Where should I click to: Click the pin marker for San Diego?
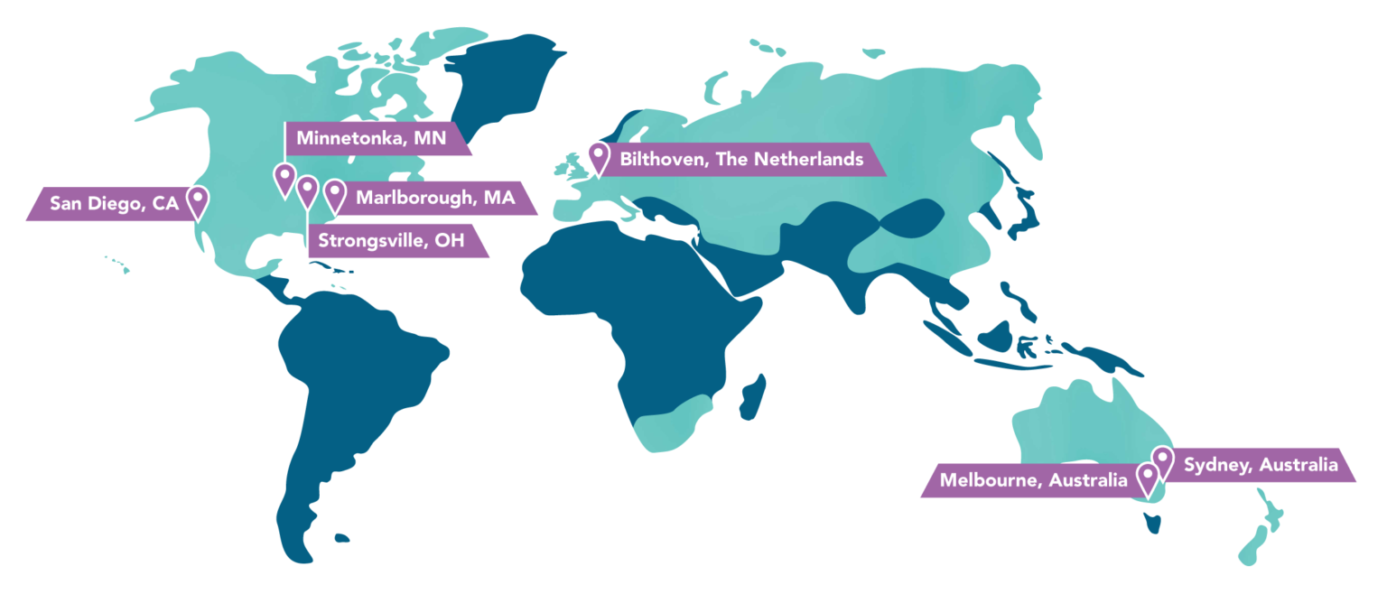pyautogui.click(x=198, y=200)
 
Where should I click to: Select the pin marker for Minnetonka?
pyautogui.click(x=284, y=177)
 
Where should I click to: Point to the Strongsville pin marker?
pyautogui.click(x=308, y=190)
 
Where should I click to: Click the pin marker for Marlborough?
pyautogui.click(x=335, y=193)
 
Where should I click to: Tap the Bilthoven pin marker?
pyautogui.click(x=598, y=156)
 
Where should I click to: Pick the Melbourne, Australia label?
pyautogui.click(x=1033, y=481)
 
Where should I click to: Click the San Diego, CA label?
pyautogui.click(x=114, y=204)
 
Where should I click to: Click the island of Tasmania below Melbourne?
pyautogui.click(x=1151, y=522)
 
